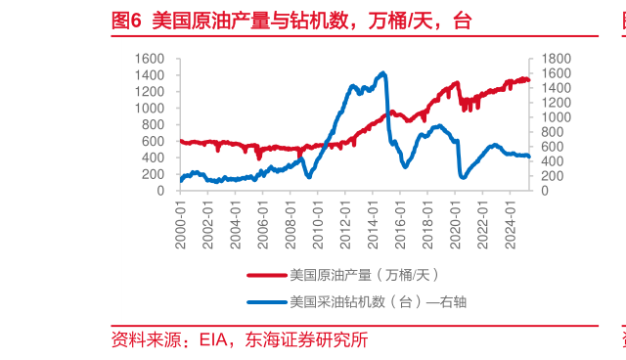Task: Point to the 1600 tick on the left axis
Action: (x=150, y=59)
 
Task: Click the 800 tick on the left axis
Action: (x=155, y=125)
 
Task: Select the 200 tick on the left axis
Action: (x=155, y=174)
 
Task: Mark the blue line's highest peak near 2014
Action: (x=382, y=72)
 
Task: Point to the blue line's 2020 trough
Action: (x=463, y=177)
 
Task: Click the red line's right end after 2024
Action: (x=529, y=80)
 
